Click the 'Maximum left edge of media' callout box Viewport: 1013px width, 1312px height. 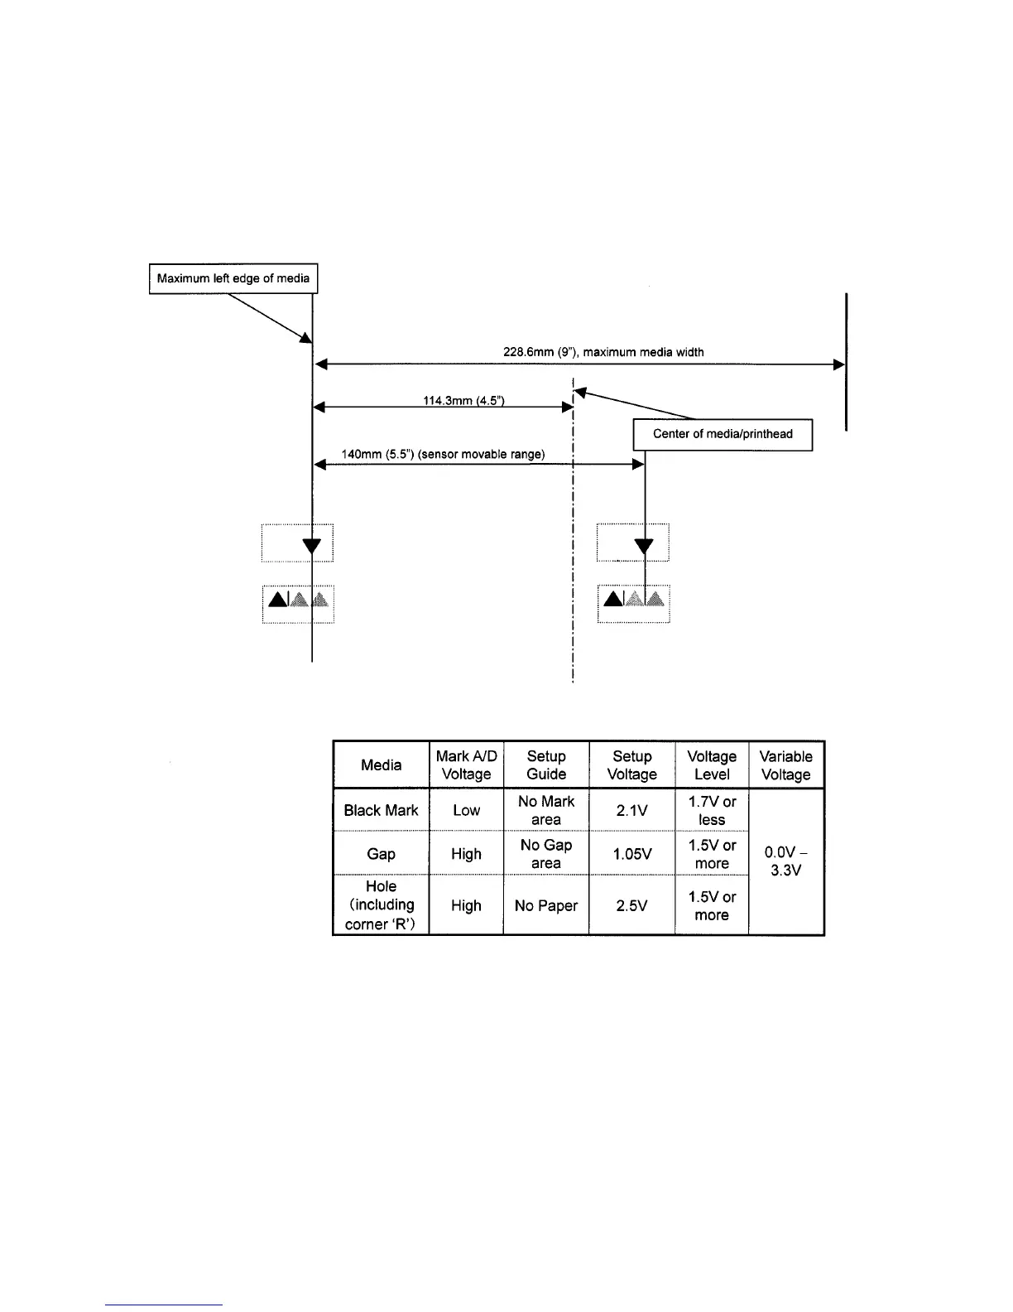pyautogui.click(x=233, y=278)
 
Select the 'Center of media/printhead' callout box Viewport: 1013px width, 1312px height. pyautogui.click(x=723, y=434)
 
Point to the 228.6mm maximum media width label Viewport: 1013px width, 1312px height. pyautogui.click(x=603, y=352)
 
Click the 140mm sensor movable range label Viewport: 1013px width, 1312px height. pyautogui.click(x=443, y=455)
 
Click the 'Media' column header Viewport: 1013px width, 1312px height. pyautogui.click(x=381, y=765)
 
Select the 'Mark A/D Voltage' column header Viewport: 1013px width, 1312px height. pyautogui.click(x=466, y=765)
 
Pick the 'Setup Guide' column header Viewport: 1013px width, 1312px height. pyautogui.click(x=546, y=765)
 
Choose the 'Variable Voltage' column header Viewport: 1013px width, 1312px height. pyautogui.click(x=785, y=765)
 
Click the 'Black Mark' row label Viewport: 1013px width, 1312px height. pyautogui.click(x=381, y=810)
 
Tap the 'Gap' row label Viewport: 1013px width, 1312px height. pyautogui.click(x=381, y=854)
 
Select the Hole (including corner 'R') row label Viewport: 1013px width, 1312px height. pyautogui.click(x=381, y=905)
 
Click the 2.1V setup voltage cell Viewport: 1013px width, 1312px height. pyautogui.click(x=631, y=810)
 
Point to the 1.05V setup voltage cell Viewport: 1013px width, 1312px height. pyautogui.click(x=631, y=854)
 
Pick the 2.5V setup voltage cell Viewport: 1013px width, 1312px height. pyautogui.click(x=631, y=905)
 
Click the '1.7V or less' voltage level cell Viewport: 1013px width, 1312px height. pyautogui.click(x=712, y=810)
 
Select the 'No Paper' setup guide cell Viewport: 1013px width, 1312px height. pyautogui.click(x=546, y=905)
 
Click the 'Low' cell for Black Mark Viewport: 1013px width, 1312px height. pyautogui.click(x=466, y=810)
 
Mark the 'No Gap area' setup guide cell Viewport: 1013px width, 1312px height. pyautogui.click(x=546, y=854)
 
